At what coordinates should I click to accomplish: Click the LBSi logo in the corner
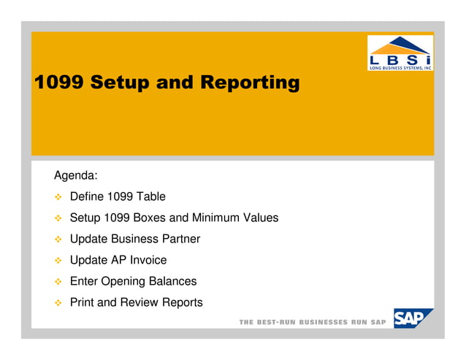pyautogui.click(x=399, y=53)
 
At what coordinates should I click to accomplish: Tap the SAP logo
pyautogui.click(x=413, y=318)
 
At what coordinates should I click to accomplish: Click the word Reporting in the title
pyautogui.click(x=250, y=83)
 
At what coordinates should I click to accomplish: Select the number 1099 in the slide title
pyautogui.click(x=58, y=83)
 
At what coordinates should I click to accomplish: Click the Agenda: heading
pyautogui.click(x=76, y=176)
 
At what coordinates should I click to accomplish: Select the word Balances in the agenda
pyautogui.click(x=173, y=281)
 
